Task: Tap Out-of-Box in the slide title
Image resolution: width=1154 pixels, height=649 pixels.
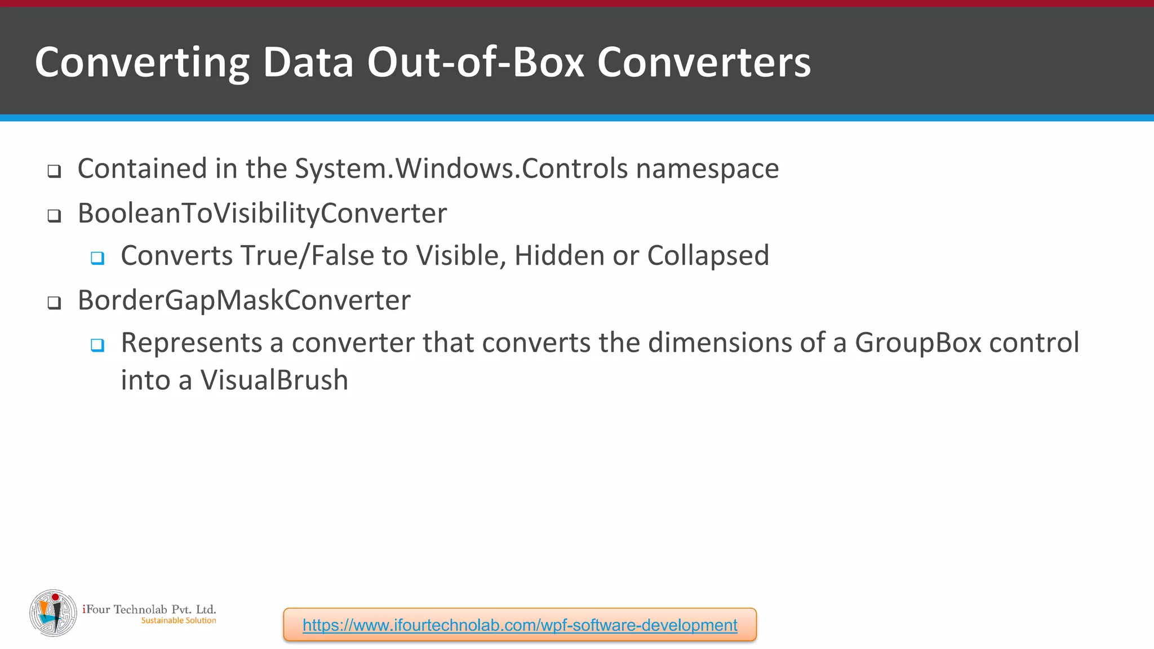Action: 476,62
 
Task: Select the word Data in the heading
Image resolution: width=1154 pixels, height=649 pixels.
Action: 308,62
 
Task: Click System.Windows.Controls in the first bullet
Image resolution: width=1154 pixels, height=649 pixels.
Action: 461,168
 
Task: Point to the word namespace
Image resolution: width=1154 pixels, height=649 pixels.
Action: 707,169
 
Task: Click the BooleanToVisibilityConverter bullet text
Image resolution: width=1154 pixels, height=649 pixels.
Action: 262,213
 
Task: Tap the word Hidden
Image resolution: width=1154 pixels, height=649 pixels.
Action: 559,256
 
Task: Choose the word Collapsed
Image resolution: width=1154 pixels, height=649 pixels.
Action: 708,256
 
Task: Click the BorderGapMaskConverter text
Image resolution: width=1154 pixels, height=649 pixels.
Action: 244,300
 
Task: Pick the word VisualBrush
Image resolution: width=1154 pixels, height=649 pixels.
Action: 274,380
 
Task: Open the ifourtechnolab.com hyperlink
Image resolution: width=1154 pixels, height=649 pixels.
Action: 520,625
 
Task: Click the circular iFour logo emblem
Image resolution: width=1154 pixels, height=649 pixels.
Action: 53,613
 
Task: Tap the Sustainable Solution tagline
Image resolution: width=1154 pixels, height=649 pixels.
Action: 179,620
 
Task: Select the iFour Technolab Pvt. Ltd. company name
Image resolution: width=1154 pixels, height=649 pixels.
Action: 149,609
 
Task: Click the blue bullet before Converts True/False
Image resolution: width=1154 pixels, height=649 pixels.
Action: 97,258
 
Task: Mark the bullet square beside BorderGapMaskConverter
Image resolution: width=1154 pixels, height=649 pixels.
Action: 54,303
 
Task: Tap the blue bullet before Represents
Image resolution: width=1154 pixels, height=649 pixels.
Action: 97,345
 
